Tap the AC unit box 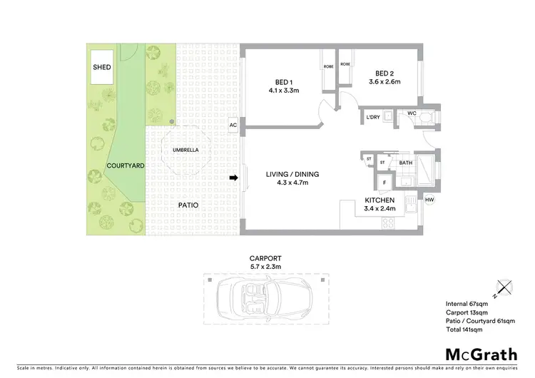coord(233,126)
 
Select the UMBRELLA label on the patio coord(185,150)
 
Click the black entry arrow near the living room coord(233,178)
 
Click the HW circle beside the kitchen coord(429,200)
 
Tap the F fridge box coord(384,183)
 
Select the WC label coord(412,113)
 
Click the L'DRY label coord(372,118)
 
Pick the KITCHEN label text coord(379,201)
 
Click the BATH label coord(406,163)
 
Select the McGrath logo coord(481,354)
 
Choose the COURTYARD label coord(126,165)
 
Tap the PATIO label coord(188,205)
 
